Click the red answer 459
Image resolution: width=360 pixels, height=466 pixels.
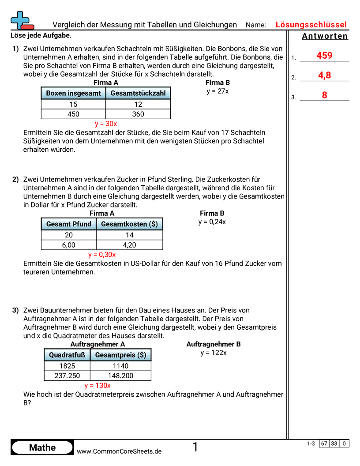324,56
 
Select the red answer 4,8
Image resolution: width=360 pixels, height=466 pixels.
324,75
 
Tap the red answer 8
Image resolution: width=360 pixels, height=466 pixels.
324,95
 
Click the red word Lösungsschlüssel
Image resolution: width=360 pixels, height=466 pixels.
311,25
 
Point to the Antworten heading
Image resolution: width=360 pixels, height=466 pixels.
325,36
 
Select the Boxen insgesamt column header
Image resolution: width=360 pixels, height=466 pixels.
73,93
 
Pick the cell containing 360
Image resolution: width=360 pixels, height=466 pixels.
138,114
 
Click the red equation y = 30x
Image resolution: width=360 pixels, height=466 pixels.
106,124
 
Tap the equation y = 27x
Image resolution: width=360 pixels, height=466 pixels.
217,91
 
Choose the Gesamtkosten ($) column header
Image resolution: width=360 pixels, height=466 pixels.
129,224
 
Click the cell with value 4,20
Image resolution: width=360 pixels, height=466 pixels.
129,245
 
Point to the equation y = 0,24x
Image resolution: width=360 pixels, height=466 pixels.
212,222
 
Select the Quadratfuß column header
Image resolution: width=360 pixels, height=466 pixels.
67,355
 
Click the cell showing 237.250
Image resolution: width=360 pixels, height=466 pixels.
67,376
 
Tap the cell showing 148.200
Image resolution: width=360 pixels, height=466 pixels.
120,376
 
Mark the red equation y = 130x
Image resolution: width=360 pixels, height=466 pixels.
97,385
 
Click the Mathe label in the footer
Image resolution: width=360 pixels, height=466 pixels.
42,447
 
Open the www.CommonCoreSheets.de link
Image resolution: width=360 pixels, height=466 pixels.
119,451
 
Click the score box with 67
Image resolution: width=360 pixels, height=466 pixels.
324,443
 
